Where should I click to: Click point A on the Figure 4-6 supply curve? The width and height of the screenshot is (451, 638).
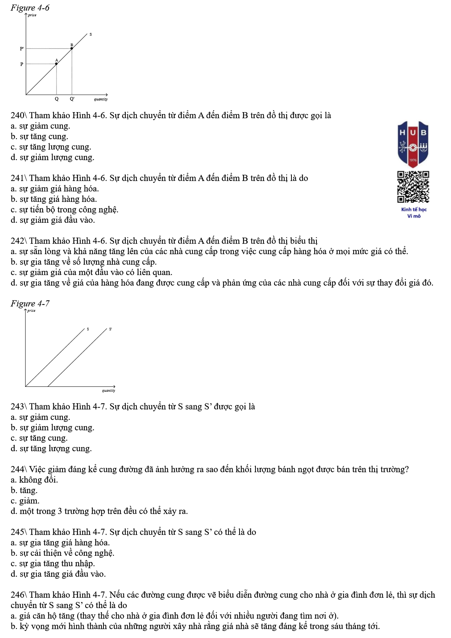click(56, 64)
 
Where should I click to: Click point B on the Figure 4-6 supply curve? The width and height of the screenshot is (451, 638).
click(72, 48)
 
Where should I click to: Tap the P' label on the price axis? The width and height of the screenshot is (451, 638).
click(22, 48)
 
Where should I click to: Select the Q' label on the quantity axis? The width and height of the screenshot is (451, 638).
click(72, 99)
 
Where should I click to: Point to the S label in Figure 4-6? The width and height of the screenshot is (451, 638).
click(91, 34)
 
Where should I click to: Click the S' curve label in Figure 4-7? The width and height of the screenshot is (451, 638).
click(110, 329)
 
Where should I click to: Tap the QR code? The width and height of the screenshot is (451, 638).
click(413, 187)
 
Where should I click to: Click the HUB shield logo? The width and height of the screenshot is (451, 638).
click(413, 144)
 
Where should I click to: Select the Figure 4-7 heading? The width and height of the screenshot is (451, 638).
click(30, 303)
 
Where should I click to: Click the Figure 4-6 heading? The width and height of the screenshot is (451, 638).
click(30, 8)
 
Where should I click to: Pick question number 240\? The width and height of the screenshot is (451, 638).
click(19, 116)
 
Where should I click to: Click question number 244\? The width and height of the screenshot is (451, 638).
click(19, 469)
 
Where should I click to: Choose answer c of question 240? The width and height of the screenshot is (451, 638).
click(51, 147)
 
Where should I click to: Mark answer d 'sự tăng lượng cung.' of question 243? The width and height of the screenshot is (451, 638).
click(51, 449)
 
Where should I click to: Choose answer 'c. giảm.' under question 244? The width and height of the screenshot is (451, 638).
click(25, 501)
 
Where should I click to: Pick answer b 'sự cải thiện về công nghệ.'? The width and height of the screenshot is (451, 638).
click(63, 553)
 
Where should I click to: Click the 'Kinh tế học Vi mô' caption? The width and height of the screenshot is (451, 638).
click(414, 213)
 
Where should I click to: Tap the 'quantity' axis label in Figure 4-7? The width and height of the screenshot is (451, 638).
click(108, 391)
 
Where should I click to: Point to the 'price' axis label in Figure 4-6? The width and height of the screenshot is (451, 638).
click(32, 15)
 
